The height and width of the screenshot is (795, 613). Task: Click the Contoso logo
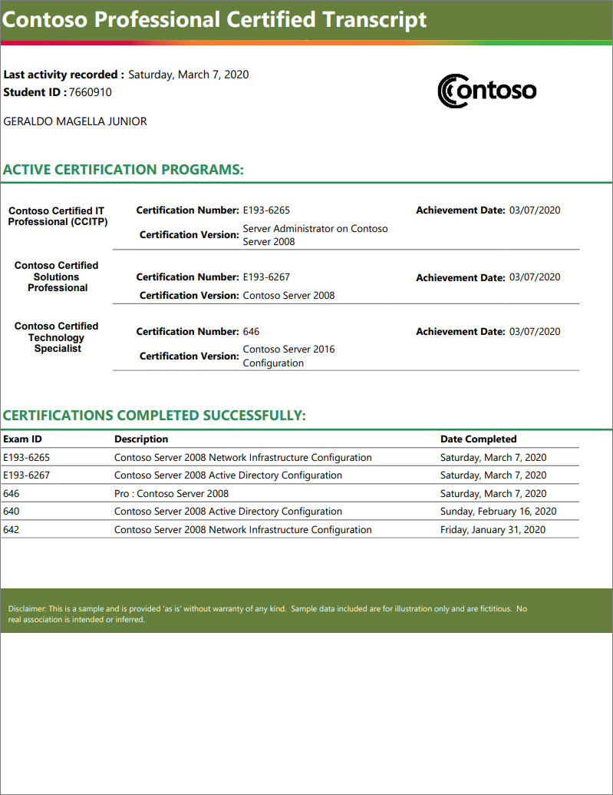486,91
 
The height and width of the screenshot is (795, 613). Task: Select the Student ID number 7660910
91,92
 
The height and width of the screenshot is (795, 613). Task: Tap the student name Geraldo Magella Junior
75,121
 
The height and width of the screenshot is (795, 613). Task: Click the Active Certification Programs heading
124,170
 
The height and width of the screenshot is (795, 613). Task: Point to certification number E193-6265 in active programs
266,210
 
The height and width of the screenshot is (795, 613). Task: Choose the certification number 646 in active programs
251,332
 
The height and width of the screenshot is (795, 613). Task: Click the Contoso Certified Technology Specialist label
57,337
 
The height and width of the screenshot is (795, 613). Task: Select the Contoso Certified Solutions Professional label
57,277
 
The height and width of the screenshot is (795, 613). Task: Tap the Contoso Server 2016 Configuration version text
288,356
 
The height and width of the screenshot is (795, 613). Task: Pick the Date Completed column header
478,439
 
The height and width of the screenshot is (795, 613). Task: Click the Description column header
141,439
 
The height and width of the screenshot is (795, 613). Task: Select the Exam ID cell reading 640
12,512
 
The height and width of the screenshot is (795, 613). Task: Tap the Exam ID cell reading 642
12,530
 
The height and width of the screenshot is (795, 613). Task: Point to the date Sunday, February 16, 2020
498,512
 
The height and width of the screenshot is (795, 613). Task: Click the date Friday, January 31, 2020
493,530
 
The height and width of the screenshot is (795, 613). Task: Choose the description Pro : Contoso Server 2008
171,494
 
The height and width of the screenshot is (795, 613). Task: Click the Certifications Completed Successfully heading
154,416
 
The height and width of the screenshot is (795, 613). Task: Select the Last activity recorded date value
188,75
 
